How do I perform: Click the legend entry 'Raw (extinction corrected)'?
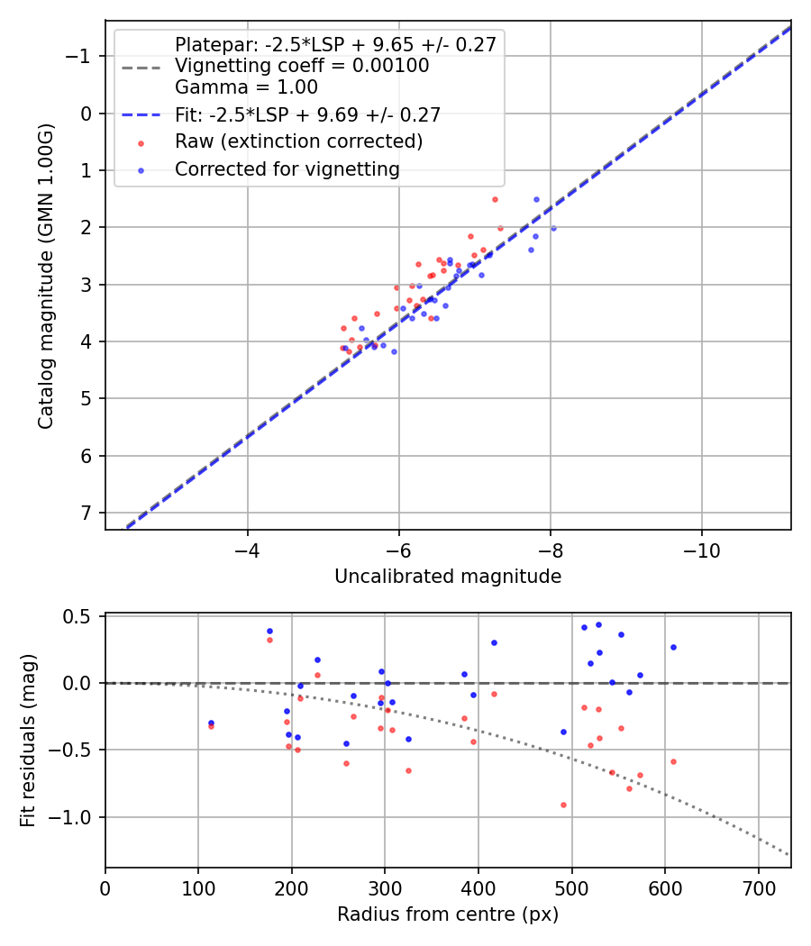coord(298,141)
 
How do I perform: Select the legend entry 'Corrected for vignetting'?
coord(287,169)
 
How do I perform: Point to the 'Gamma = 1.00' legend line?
coord(246,87)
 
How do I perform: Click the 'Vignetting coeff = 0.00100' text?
coord(302,66)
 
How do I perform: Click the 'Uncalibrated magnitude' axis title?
coord(448,577)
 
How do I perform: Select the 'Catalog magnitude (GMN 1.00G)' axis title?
coord(45,275)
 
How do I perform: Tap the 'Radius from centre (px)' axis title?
coord(448,914)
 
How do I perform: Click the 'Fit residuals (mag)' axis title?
coord(28,741)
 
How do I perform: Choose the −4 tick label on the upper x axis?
coord(248,550)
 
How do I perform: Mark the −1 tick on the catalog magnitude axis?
coord(82,56)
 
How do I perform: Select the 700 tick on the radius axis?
coord(758,887)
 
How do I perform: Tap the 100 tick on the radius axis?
coord(198,887)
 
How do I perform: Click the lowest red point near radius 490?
coord(563,805)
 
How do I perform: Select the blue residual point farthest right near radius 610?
coord(673,647)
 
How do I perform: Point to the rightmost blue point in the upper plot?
coord(553,228)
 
